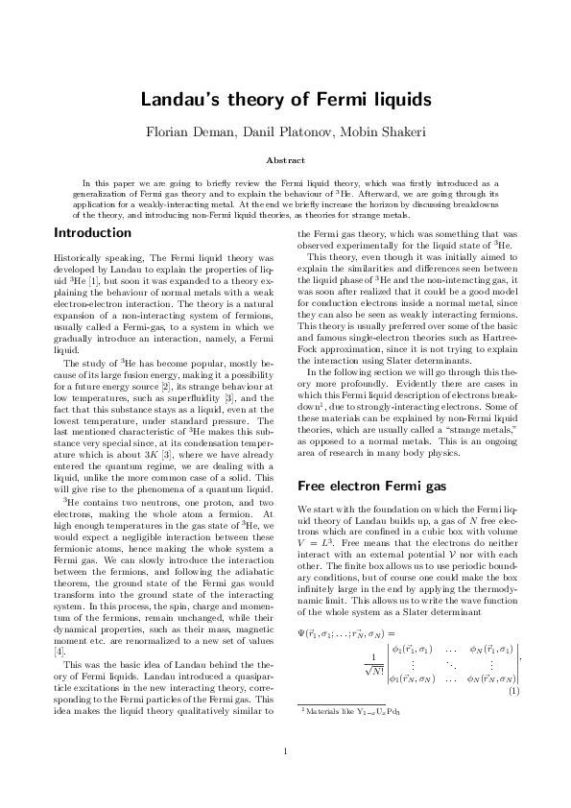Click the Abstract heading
(285, 160)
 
